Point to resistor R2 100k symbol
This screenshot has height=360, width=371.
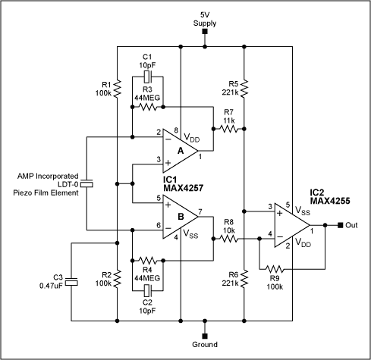(118, 280)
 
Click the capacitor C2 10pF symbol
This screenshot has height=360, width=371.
(149, 292)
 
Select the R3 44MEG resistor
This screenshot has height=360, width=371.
(149, 106)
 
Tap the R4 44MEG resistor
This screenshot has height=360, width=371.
(149, 260)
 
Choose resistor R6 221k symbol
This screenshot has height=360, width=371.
(244, 281)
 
